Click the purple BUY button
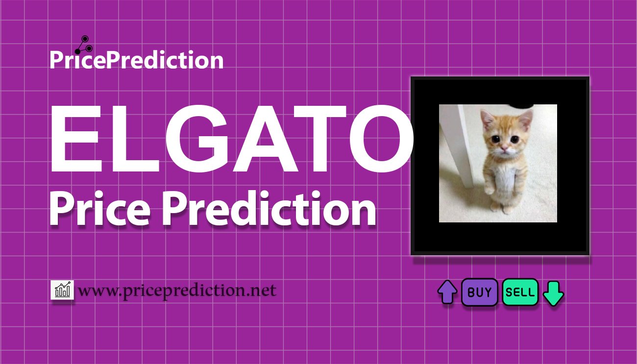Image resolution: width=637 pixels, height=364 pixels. pos(479,292)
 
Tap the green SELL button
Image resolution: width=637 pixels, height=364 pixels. pos(520,292)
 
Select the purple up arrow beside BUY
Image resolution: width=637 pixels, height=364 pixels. pos(447,292)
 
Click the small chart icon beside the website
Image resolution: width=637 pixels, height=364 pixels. pos(62,290)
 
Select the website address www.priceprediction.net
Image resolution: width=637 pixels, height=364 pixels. pos(177,291)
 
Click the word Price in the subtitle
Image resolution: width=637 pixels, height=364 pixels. pos(100,209)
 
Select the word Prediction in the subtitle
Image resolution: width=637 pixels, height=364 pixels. pos(269,209)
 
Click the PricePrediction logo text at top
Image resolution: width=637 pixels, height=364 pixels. pos(137,59)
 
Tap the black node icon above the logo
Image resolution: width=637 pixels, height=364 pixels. pos(83,45)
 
